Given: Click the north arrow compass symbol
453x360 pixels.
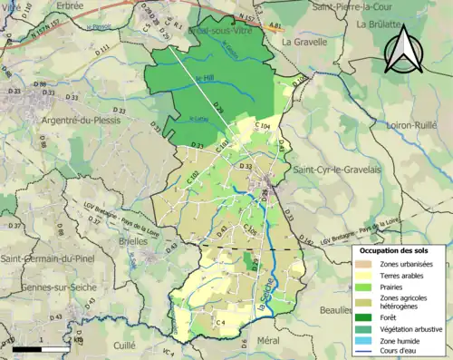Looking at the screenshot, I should (400, 50).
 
